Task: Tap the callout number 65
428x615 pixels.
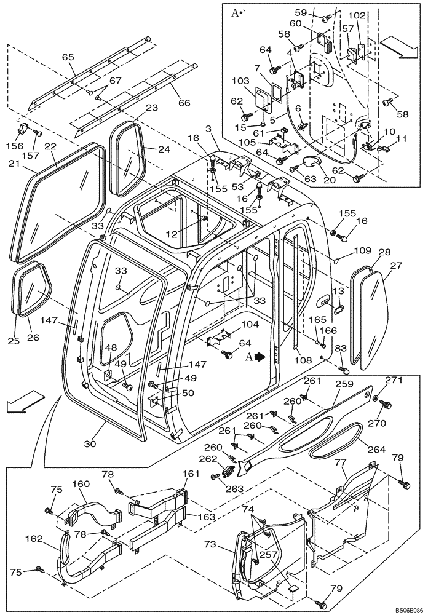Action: (68, 57)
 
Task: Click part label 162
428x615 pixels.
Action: (34, 539)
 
